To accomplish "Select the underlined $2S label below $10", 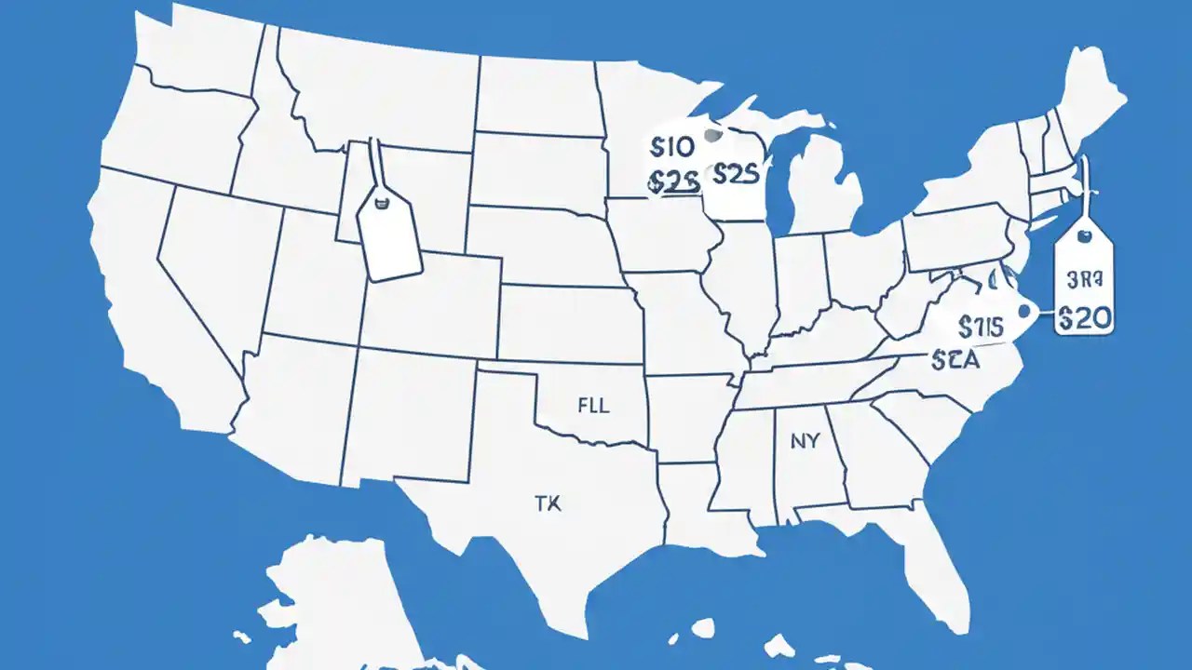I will point(671,183).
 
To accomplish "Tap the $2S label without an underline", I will point(736,174).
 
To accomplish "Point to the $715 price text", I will point(981,327).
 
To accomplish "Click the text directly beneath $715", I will point(955,360).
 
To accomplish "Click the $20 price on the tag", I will point(1085,318).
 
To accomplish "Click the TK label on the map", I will point(549,504).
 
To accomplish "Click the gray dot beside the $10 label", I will point(714,136).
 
